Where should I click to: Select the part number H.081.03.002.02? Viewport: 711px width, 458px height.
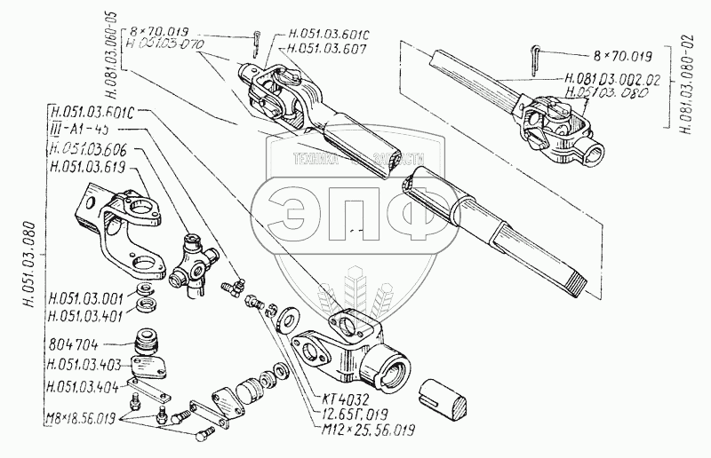coord(612,79)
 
